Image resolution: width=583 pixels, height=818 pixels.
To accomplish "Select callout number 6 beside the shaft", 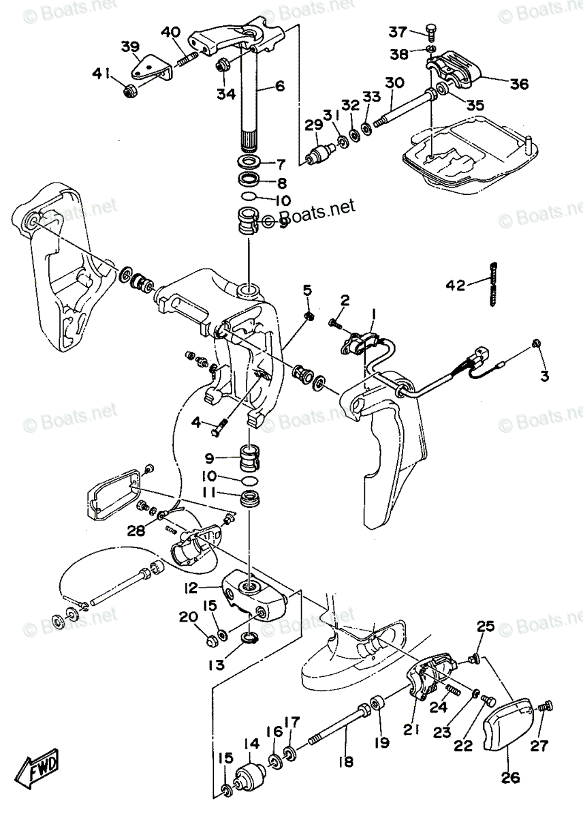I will tap(279, 87).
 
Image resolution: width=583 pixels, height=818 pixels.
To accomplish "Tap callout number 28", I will tap(136, 530).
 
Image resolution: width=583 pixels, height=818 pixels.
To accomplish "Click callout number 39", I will tap(131, 46).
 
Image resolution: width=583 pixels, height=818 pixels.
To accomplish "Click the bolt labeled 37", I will tap(430, 31).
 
